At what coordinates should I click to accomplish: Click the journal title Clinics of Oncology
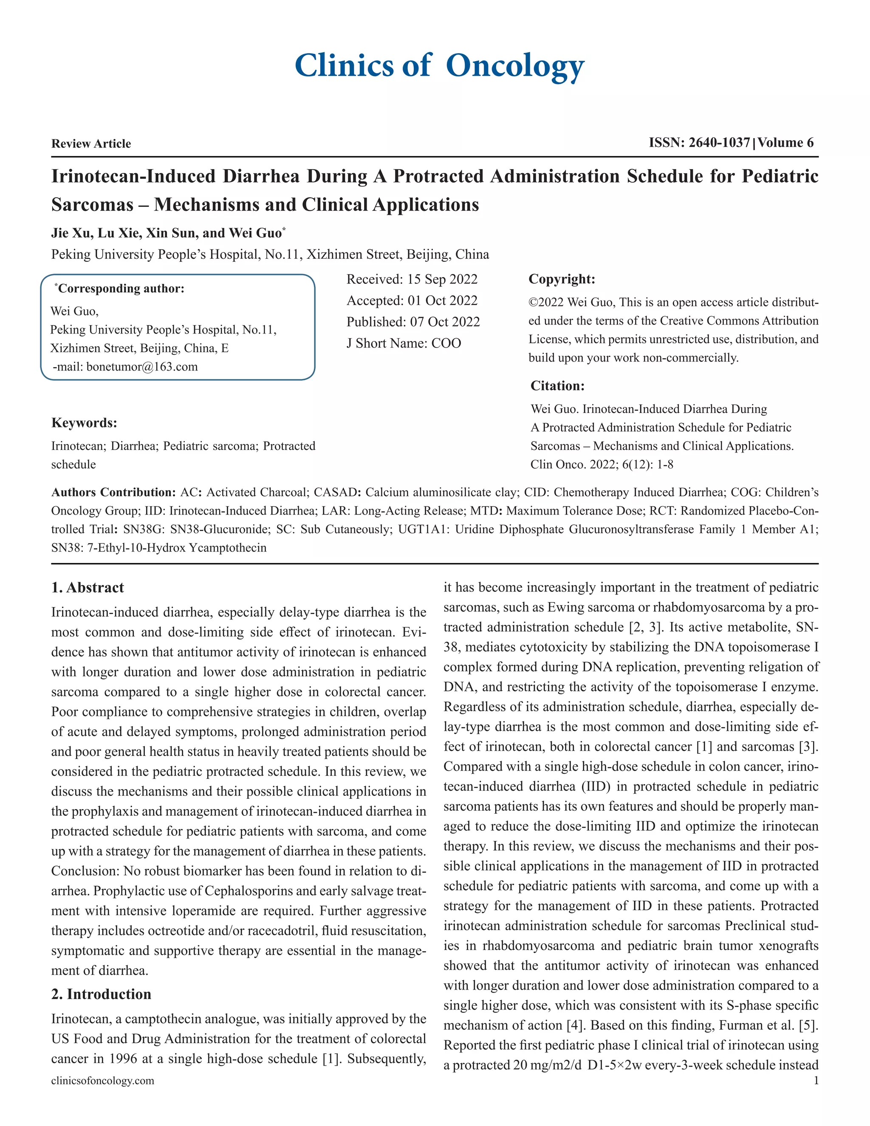pos(439,66)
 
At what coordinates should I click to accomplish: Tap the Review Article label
pos(91,144)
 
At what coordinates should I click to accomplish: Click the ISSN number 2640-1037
pos(719,143)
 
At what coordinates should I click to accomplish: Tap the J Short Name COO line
pos(404,343)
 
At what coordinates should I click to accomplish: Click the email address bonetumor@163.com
pos(142,367)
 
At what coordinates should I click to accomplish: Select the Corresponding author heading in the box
pos(121,289)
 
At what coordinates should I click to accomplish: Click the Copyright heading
pos(562,280)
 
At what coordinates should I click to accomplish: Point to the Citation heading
pos(557,386)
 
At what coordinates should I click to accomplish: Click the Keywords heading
pos(84,423)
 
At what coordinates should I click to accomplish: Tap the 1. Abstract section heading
pos(88,588)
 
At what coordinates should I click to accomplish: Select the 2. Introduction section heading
pos(101,994)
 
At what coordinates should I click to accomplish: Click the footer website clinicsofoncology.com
pos(102,1081)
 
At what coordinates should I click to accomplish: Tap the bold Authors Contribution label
pos(113,492)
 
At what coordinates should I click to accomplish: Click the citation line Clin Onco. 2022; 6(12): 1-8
pos(602,464)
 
